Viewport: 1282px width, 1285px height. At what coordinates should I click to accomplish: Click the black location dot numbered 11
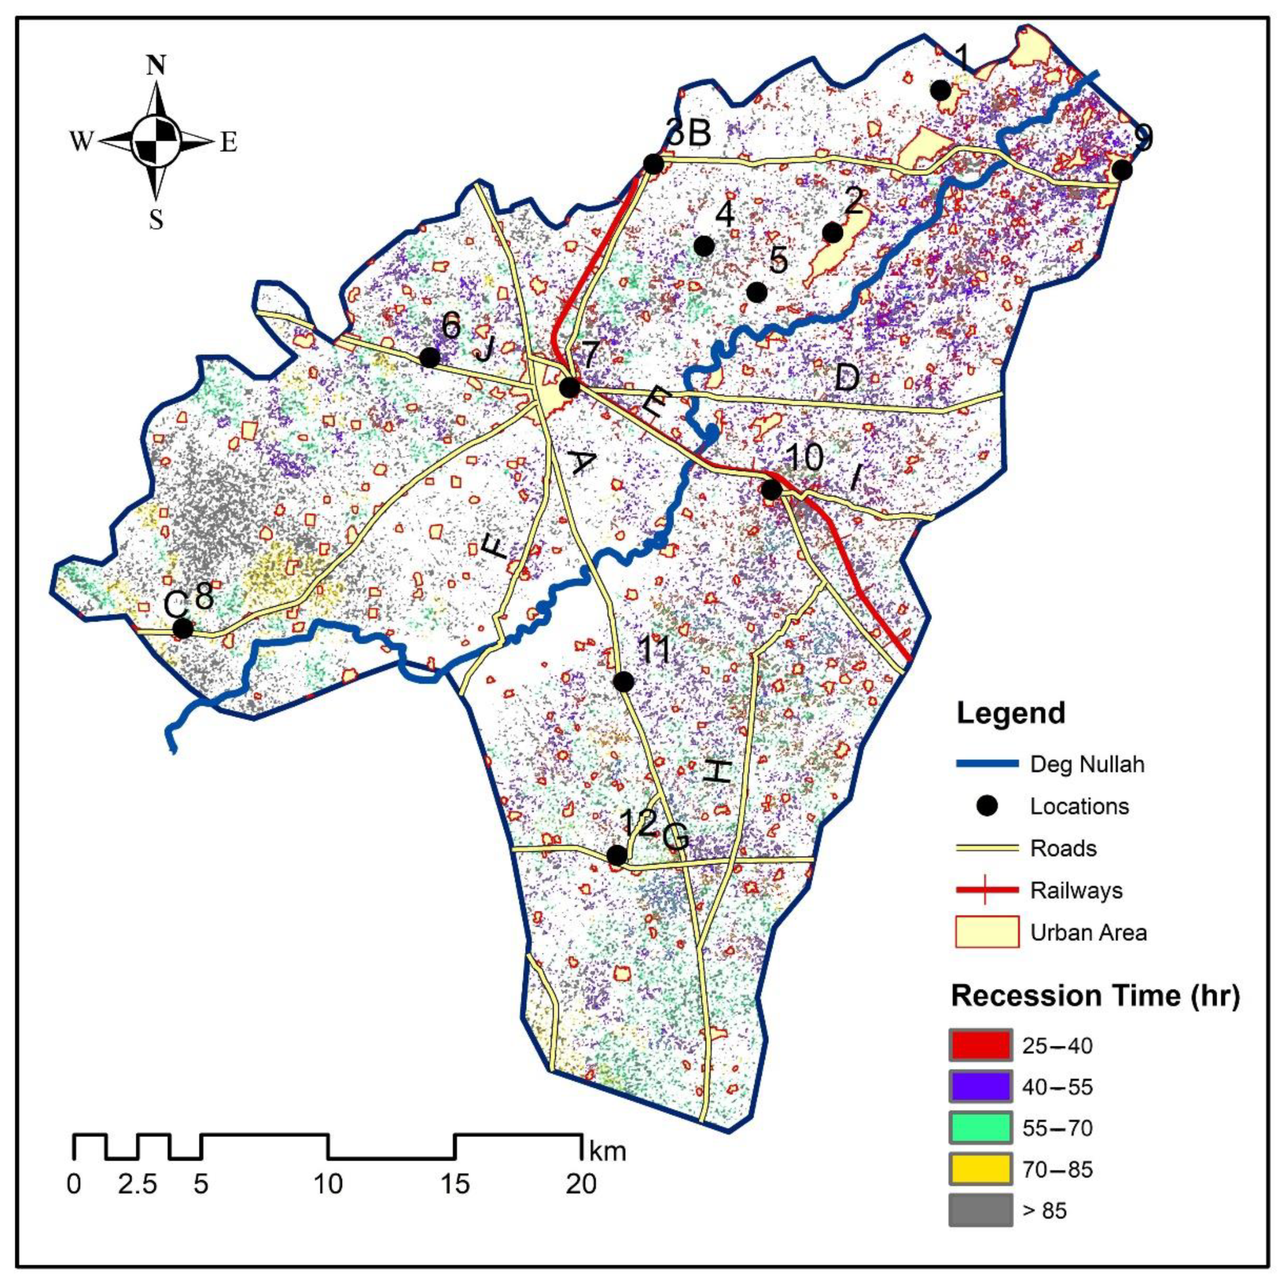[623, 682]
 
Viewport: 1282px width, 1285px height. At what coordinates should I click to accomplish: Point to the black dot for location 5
[756, 292]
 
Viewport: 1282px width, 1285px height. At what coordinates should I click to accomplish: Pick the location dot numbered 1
[941, 90]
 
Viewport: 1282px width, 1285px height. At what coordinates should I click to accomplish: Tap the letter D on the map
[846, 379]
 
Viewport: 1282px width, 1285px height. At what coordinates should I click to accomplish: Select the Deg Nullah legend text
[1087, 764]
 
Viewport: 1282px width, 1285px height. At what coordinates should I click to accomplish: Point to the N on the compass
[156, 65]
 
